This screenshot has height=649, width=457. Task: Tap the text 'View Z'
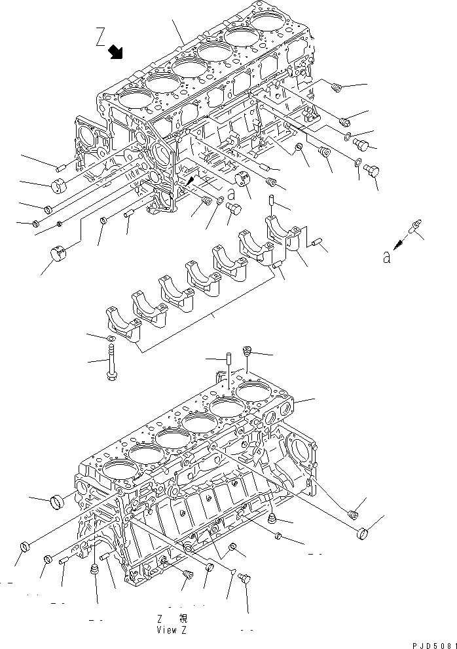coord(172,630)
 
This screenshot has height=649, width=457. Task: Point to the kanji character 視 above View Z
coord(183,618)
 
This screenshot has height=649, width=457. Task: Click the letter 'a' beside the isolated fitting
coord(387,258)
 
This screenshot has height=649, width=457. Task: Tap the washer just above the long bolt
coord(111,338)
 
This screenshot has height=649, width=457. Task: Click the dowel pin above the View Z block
coord(229,361)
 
